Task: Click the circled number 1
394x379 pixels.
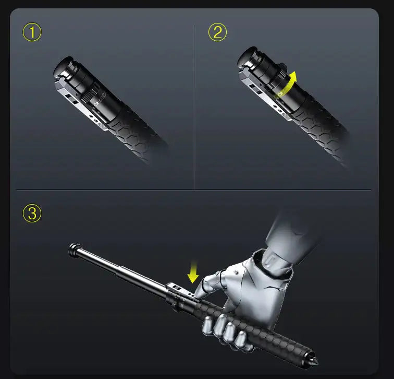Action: tap(32, 33)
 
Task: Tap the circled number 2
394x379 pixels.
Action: tap(217, 33)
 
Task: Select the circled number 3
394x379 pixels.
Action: tap(32, 214)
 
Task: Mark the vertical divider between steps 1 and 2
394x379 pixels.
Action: tap(194, 104)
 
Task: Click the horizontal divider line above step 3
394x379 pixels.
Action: tap(193, 189)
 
